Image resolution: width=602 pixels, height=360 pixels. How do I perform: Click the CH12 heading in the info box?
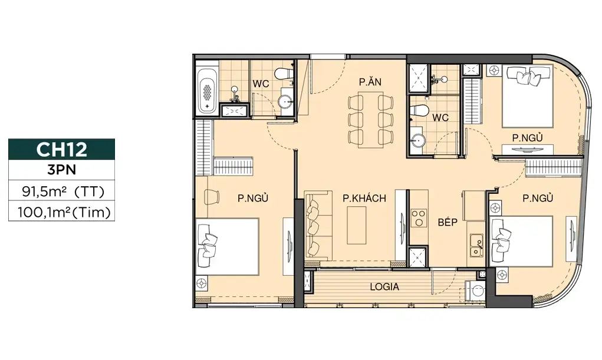[x=61, y=149]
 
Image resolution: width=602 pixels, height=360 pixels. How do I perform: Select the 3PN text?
[x=61, y=170]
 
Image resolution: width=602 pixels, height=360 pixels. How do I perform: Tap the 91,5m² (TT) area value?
[x=63, y=191]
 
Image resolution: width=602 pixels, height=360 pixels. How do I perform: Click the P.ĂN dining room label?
[x=370, y=82]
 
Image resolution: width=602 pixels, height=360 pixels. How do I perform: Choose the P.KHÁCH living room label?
[x=364, y=198]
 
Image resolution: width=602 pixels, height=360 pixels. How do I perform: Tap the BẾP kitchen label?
[x=448, y=222]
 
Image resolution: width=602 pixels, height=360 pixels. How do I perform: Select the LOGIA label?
[x=384, y=287]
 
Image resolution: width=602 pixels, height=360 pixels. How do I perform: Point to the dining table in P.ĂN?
[x=370, y=120]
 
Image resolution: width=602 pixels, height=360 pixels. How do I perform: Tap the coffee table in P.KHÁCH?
[x=357, y=225]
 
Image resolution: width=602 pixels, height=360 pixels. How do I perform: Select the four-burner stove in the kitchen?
[x=419, y=218]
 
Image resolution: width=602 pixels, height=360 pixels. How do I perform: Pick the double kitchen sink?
[x=476, y=245]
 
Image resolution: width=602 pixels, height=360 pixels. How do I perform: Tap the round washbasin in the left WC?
[x=285, y=101]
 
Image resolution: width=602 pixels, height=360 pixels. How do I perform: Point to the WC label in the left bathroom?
[x=261, y=83]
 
